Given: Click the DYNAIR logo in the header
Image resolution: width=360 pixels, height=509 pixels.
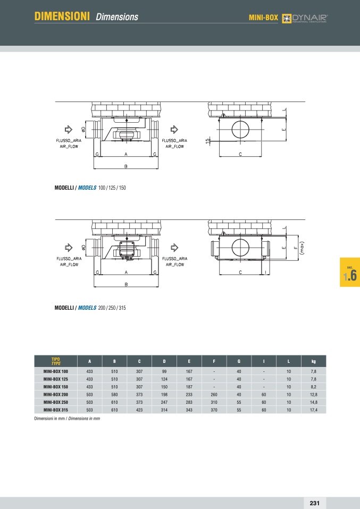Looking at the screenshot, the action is pyautogui.click(x=304, y=18).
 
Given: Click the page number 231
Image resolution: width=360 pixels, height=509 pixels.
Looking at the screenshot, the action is pyautogui.click(x=314, y=503).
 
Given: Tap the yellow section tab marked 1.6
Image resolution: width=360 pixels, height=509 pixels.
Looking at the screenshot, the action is pyautogui.click(x=350, y=272).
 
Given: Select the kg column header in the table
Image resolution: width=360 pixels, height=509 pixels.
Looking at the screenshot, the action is pyautogui.click(x=314, y=361).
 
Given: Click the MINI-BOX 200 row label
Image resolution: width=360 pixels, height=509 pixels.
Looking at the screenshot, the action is pyautogui.click(x=55, y=394).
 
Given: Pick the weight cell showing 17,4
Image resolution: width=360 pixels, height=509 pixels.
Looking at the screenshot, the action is pyautogui.click(x=314, y=410).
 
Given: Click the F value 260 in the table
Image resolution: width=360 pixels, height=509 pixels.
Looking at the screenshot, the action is pyautogui.click(x=214, y=394).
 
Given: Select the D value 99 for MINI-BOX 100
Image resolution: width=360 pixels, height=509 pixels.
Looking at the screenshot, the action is pyautogui.click(x=164, y=371).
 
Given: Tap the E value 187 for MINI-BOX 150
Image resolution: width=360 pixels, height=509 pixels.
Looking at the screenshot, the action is pyautogui.click(x=189, y=387).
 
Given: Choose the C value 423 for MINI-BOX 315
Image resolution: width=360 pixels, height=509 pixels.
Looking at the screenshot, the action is pyautogui.click(x=139, y=410).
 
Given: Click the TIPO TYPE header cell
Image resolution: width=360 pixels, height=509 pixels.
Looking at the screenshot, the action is pyautogui.click(x=56, y=361).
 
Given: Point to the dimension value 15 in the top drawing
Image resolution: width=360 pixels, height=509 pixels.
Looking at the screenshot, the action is pyautogui.click(x=207, y=141).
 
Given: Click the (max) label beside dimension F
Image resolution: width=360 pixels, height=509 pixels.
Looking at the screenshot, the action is pyautogui.click(x=302, y=248).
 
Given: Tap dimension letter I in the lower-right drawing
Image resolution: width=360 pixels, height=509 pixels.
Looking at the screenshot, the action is pyautogui.click(x=265, y=272).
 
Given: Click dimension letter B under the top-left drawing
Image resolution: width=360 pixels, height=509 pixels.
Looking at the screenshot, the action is pyautogui.click(x=125, y=166).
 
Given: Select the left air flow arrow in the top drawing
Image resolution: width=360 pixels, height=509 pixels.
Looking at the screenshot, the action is pyautogui.click(x=69, y=130).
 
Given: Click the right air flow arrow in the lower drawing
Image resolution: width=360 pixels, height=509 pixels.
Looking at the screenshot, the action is pyautogui.click(x=174, y=248).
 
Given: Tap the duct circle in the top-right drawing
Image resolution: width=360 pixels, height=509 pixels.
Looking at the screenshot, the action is pyautogui.click(x=240, y=130).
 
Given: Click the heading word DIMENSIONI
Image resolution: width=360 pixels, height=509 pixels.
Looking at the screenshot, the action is pyautogui.click(x=62, y=16).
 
